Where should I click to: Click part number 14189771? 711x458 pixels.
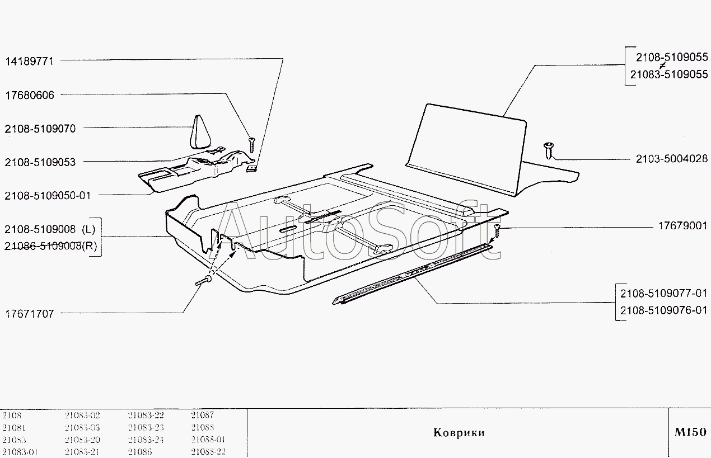point(30,62)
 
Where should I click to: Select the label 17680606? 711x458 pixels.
point(30,95)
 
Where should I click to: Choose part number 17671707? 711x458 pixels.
point(30,314)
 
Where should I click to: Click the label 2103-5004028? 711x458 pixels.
point(671,159)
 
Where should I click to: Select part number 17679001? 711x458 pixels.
point(682,226)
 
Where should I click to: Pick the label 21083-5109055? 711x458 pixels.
point(668,74)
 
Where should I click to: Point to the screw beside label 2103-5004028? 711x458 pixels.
point(548,150)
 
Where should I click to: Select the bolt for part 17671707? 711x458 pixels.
point(204,281)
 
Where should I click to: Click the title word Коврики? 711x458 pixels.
point(459,433)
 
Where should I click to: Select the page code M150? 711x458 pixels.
point(690,432)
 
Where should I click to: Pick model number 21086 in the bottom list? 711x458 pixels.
point(139,452)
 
